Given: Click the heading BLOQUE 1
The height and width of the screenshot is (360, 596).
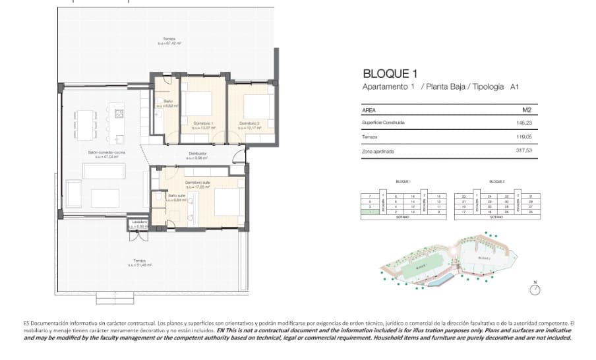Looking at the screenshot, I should point(390,74).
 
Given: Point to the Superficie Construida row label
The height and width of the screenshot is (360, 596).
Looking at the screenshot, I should point(383,123).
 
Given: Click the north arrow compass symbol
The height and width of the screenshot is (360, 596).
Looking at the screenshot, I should point(535,289).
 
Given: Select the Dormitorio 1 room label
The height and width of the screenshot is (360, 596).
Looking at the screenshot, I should point(202,123).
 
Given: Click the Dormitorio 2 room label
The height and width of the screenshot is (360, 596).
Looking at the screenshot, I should point(249,123).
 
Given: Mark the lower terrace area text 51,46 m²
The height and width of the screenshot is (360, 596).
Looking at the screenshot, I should point(142,265).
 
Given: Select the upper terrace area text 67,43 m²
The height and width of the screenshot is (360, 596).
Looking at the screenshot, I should point(169,44).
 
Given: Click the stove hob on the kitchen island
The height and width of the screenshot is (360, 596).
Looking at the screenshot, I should point(119,113).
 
